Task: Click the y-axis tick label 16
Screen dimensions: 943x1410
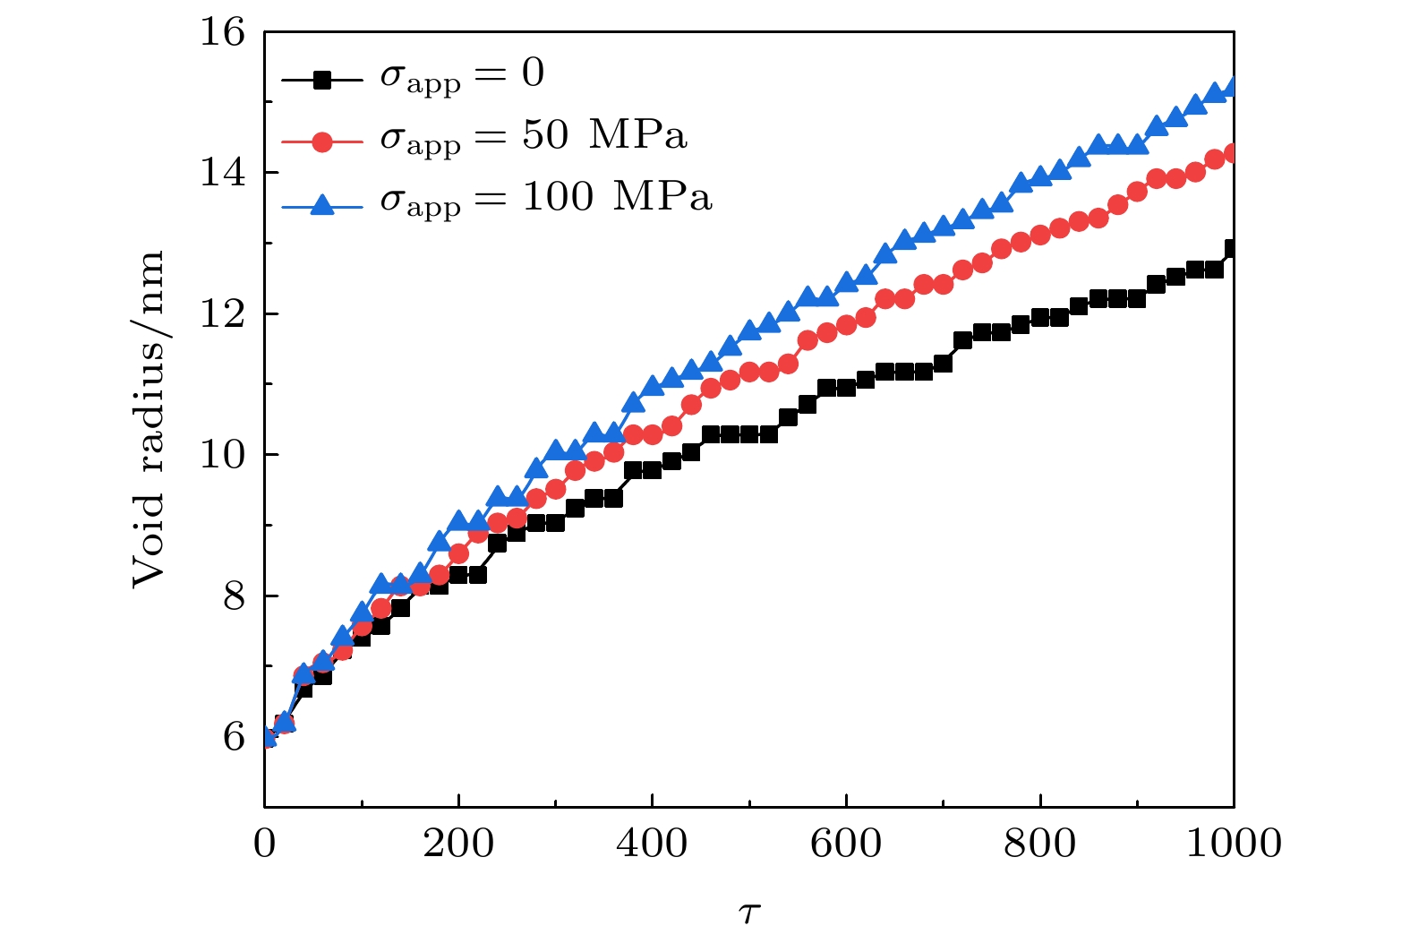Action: click(222, 32)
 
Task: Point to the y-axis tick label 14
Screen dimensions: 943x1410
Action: click(222, 172)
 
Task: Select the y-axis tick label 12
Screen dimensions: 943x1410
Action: click(222, 313)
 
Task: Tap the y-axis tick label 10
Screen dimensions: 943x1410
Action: click(222, 455)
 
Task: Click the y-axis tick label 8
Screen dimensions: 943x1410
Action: click(234, 596)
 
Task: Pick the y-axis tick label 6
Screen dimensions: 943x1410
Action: click(234, 737)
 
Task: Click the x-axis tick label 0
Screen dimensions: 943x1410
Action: click(265, 844)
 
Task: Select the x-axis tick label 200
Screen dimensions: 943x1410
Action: click(458, 844)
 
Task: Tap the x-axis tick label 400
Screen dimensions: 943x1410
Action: click(652, 844)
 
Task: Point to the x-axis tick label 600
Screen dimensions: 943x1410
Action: click(846, 844)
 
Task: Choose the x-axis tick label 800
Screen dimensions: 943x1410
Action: click(1039, 844)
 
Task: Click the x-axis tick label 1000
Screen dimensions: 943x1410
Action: click(1233, 844)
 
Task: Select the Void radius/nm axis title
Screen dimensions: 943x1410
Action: click(149, 419)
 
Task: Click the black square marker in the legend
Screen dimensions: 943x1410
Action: click(322, 80)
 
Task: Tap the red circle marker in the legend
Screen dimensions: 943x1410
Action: click(322, 141)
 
